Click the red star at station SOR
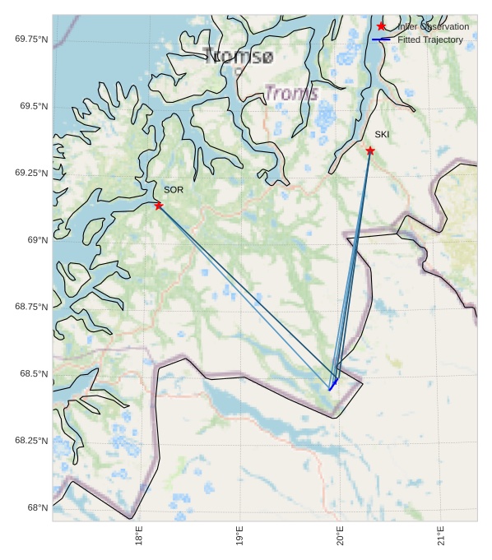(x=159, y=206)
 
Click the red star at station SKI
(x=370, y=150)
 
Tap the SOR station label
(x=173, y=190)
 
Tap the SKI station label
(x=382, y=135)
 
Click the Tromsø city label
(x=238, y=56)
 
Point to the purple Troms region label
(x=291, y=94)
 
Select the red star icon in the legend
(x=381, y=26)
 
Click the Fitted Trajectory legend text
(x=429, y=39)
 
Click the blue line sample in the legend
(x=381, y=39)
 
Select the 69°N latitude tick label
(x=38, y=240)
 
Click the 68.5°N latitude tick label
(x=34, y=374)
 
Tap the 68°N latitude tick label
(x=38, y=508)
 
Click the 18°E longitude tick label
(x=139, y=539)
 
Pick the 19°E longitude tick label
(x=239, y=539)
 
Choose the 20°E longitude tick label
(x=340, y=539)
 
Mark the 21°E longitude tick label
(x=441, y=539)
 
